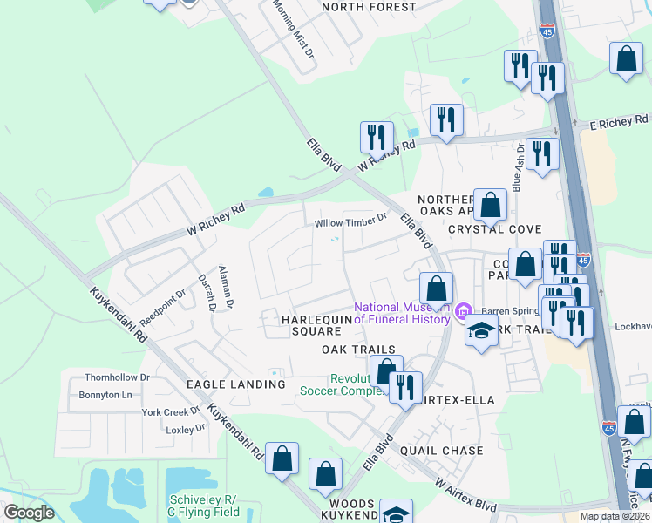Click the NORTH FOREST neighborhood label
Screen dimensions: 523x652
tap(369, 7)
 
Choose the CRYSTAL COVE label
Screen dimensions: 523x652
tap(489, 228)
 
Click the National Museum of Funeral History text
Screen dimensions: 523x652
tap(402, 313)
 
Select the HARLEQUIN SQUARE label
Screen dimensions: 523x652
tap(309, 325)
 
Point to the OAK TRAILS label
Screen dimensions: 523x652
tap(353, 349)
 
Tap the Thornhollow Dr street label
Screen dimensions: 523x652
tap(117, 377)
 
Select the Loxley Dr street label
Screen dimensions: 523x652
tap(185, 428)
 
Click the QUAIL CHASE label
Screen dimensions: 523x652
tap(441, 450)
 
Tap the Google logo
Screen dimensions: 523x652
tap(29, 513)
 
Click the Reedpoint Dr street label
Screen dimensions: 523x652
tap(163, 306)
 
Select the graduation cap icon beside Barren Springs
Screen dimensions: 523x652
tap(480, 331)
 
